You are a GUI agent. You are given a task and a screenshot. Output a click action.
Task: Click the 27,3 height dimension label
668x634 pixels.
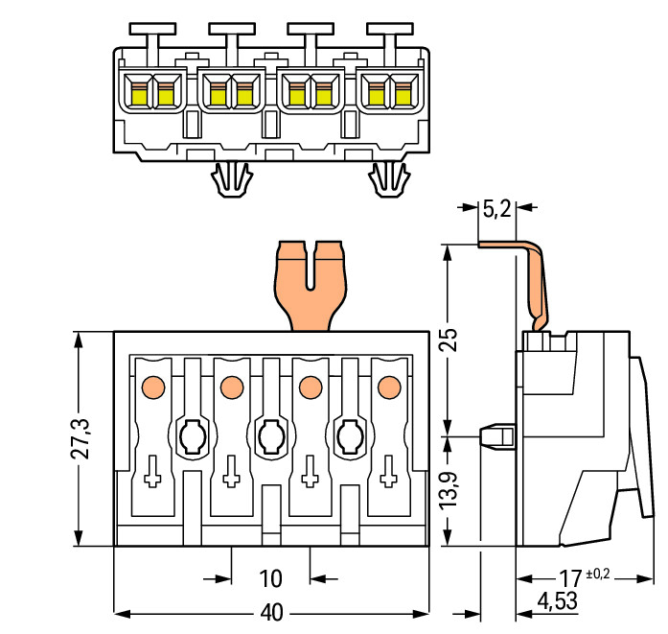pos(81,439)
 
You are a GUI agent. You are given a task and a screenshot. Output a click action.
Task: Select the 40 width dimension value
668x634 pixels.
pos(271,613)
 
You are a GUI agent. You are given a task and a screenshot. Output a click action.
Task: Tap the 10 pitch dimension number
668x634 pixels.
pos(270,579)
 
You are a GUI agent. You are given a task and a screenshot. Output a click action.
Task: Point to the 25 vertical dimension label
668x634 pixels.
pos(449,340)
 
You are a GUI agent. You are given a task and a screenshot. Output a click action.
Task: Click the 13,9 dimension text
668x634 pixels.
pos(449,491)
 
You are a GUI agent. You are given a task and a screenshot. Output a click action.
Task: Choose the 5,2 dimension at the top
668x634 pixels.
pos(496,209)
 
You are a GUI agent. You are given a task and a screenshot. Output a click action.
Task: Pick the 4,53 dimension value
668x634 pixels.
pos(557,601)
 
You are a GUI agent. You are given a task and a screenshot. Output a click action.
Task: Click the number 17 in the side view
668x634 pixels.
pos(570,579)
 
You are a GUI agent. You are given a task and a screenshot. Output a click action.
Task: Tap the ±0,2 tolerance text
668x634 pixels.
pos(598,574)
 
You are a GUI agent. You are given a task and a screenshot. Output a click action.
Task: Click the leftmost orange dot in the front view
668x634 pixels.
pos(153,387)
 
